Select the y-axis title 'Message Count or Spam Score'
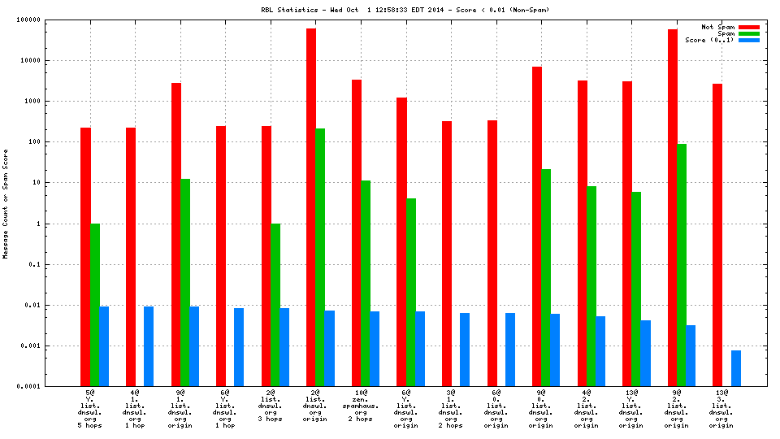(6, 203)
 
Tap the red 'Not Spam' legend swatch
(748, 28)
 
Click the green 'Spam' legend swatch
(748, 34)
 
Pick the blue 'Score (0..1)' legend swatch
(748, 41)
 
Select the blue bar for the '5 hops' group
(104, 346)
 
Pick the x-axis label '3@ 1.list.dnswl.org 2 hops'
(449, 410)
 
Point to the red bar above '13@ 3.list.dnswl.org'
(717, 235)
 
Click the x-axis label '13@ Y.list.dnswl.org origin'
(630, 410)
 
